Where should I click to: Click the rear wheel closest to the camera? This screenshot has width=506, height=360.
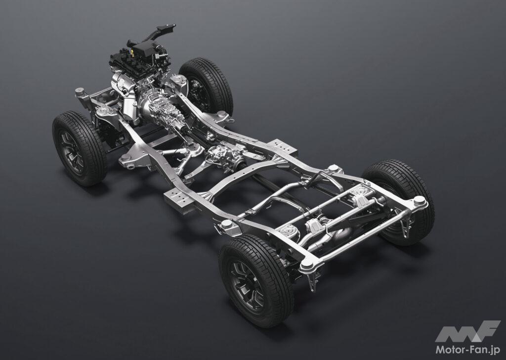[256, 280]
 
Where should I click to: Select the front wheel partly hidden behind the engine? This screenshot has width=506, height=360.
[207, 86]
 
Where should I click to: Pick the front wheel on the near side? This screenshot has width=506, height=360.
[80, 148]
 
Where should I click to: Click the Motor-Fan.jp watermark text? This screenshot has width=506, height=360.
[468, 349]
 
